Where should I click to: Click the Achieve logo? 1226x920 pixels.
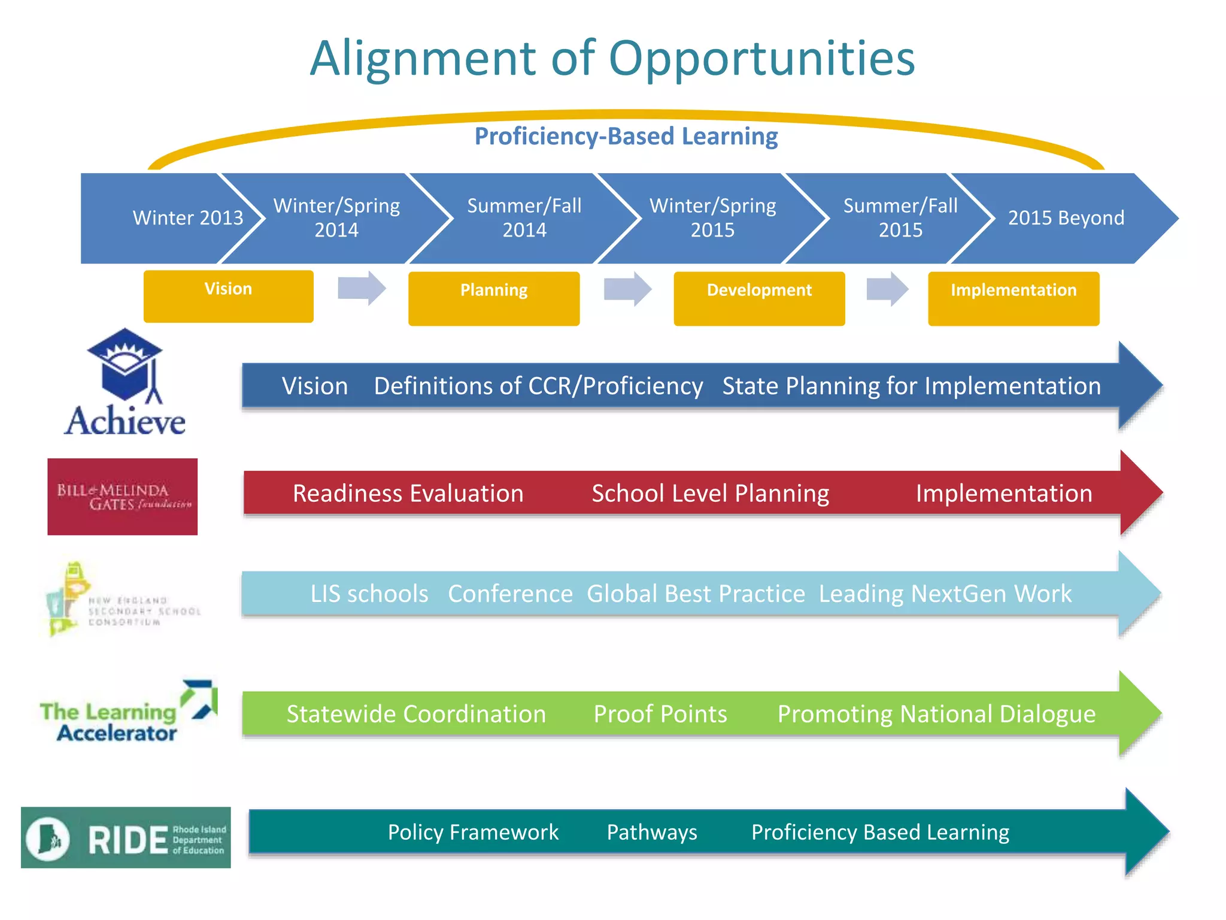(125, 383)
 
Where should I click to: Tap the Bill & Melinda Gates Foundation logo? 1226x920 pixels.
(123, 497)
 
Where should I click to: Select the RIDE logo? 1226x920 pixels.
(126, 837)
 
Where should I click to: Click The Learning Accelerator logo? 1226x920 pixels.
(128, 713)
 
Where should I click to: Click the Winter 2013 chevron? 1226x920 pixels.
(174, 218)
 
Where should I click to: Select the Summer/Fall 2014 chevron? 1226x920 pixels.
(524, 218)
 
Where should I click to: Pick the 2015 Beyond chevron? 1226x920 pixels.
(1066, 218)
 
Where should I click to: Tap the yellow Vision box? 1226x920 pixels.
(228, 296)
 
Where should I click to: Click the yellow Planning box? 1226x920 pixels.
(494, 298)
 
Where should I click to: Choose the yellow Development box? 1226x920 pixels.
(759, 298)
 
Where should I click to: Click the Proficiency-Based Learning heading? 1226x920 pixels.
(626, 137)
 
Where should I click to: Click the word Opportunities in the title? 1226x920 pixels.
(761, 59)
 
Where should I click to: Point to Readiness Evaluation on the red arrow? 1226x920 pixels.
(408, 494)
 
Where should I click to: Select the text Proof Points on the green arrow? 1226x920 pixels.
(660, 714)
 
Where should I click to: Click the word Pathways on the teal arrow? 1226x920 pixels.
(652, 833)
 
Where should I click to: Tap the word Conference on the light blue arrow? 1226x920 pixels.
(510, 594)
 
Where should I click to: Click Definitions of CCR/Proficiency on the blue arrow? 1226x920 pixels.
(538, 386)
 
